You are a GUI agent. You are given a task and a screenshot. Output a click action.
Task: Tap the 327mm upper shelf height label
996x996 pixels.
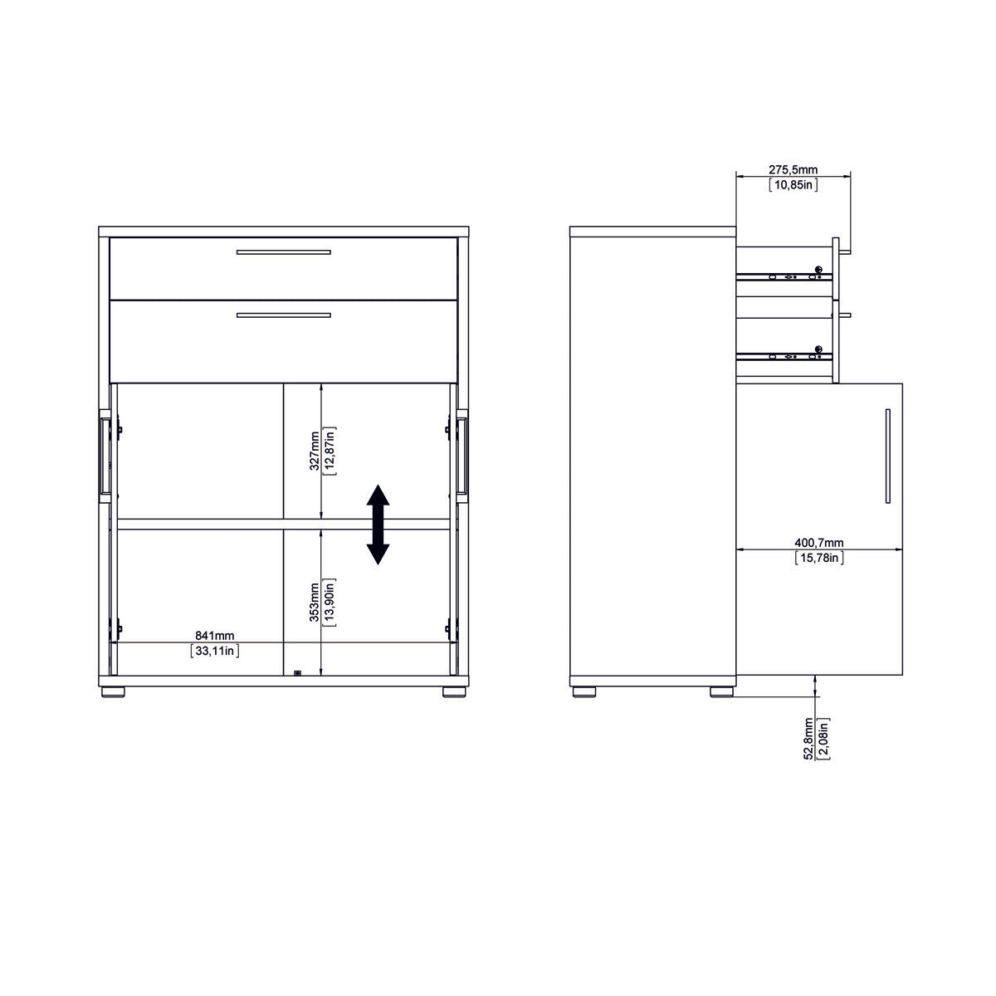[314, 451]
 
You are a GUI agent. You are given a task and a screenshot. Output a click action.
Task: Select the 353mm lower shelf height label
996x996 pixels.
[314, 601]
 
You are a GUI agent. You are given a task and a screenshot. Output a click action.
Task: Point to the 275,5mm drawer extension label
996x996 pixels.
[793, 169]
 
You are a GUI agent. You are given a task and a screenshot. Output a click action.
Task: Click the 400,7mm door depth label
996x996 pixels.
[819, 543]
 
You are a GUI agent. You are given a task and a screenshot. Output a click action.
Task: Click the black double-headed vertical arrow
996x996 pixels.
[378, 525]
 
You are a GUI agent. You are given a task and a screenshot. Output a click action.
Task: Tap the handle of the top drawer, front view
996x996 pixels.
[283, 252]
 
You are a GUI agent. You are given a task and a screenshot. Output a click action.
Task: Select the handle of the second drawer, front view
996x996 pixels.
[283, 315]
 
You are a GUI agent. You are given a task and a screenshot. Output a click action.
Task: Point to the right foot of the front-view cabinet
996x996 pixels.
[454, 691]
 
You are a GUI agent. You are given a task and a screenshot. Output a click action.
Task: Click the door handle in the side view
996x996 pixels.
[886, 456]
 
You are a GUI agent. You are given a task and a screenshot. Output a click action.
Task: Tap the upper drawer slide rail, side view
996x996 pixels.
[784, 276]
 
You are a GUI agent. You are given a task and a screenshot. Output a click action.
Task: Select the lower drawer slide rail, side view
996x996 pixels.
[784, 356]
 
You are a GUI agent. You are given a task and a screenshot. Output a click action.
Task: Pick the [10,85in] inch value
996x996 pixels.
[793, 184]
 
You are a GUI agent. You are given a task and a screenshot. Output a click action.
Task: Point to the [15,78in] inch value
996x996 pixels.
[819, 558]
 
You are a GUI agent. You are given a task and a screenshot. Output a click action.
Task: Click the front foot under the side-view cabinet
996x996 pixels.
[722, 691]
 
